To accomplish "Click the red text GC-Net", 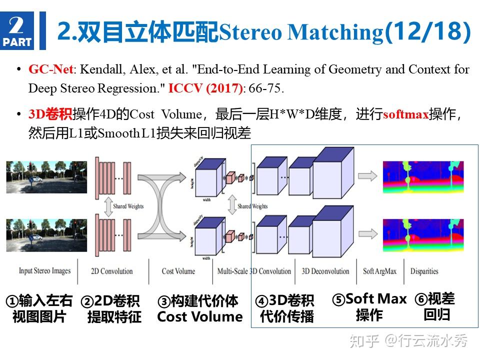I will (50, 69).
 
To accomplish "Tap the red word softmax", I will (405, 114).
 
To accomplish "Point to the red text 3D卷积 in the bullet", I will (50, 114).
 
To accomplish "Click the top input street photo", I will (46, 177).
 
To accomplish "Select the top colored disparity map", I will (423, 177).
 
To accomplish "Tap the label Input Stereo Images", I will (44, 271).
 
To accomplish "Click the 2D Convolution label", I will (112, 271).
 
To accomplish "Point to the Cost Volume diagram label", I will (178, 271).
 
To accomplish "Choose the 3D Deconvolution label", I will (325, 271).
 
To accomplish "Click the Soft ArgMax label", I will (379, 271).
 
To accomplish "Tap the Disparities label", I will (424, 271).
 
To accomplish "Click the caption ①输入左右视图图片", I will (39, 308).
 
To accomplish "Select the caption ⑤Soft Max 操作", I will (369, 306).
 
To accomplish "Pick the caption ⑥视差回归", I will (435, 306).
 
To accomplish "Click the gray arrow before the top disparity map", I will (368, 175).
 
